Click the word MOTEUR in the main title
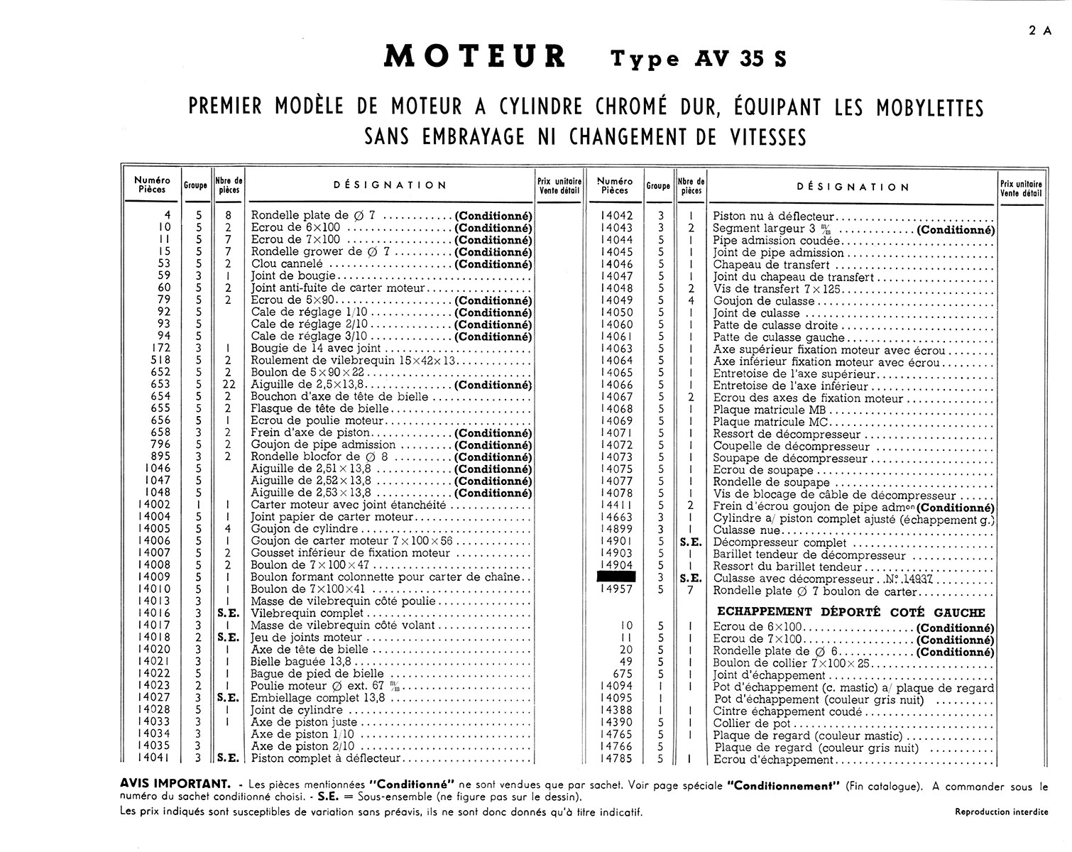pos(474,57)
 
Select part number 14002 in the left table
pos(154,505)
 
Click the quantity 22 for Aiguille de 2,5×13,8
pos(228,385)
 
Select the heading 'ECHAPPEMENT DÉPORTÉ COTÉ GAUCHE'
pos(851,612)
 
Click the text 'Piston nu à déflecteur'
pos(773,217)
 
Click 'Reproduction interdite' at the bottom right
pos(1001,812)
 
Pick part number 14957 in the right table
pos(616,590)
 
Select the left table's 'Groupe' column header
pos(195,185)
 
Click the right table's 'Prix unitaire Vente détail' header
pos(1021,187)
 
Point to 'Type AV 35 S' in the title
pos(699,58)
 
